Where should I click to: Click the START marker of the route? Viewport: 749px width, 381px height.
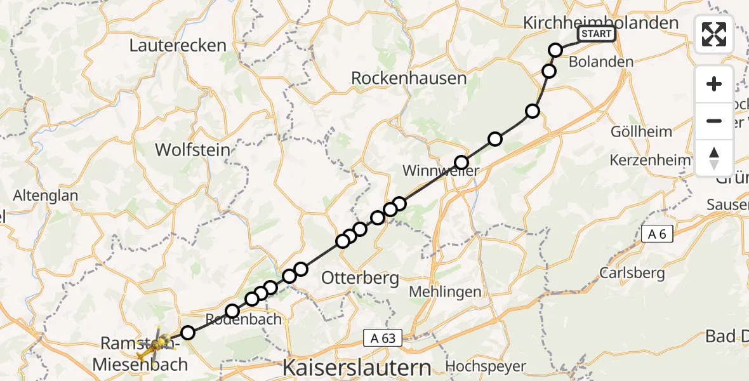click(x=595, y=34)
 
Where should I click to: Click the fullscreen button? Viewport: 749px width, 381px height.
click(x=714, y=34)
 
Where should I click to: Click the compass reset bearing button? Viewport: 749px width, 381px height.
click(x=714, y=157)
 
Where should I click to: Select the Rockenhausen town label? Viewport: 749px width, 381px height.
click(x=409, y=79)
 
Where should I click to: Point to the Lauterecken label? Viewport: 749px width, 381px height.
click(x=178, y=45)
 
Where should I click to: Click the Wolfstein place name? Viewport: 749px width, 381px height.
click(x=192, y=150)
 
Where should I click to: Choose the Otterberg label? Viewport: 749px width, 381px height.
click(x=360, y=277)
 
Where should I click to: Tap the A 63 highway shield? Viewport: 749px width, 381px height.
click(x=383, y=338)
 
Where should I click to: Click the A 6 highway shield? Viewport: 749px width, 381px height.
click(x=657, y=234)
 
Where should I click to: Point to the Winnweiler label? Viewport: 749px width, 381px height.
click(x=441, y=171)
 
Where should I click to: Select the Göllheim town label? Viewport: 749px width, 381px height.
click(x=641, y=131)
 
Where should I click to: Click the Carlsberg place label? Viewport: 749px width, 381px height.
click(x=632, y=274)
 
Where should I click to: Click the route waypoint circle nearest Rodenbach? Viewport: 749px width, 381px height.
click(x=232, y=311)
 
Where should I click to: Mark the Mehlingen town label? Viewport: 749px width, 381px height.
click(x=445, y=292)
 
